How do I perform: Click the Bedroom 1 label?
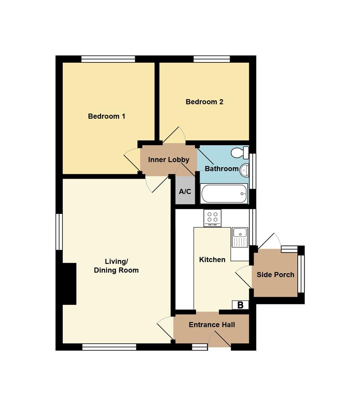tap(106, 116)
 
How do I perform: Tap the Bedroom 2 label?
tap(204, 102)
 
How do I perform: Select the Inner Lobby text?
tap(169, 160)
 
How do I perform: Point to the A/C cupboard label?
tap(185, 192)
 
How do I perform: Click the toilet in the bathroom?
tap(240, 153)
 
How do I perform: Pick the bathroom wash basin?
tap(245, 170)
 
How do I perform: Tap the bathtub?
tap(224, 194)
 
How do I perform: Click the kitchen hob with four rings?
tap(213, 218)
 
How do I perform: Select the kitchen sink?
tap(240, 238)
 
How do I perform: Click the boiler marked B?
tap(240, 305)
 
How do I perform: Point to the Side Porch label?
tap(275, 275)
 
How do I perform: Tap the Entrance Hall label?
tap(212, 325)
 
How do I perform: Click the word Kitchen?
tap(212, 260)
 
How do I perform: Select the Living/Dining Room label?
tap(116, 266)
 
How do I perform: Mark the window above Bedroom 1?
tap(108, 59)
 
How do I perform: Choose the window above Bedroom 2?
tap(212, 59)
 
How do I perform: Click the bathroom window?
tap(252, 171)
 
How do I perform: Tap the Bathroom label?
tap(222, 169)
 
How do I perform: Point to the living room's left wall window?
tap(59, 232)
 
